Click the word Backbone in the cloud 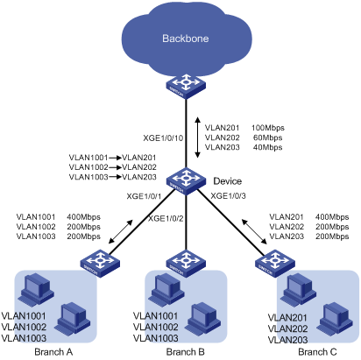pos(186,39)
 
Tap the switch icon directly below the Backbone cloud pos(186,87)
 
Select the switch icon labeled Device pos(186,181)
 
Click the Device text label pos(228,181)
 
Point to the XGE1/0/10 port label pos(163,138)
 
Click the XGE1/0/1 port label pos(144,196)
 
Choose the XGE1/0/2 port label pos(166,218)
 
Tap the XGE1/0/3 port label pos(229,195)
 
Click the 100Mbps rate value pos(268,128)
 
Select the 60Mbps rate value pos(268,138)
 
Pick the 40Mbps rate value pos(268,147)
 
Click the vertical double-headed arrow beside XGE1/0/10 pos(198,138)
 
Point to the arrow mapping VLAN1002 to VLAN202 pos(115,167)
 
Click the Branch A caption pos(53,352)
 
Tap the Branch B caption pos(186,352)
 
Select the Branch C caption pos(317,352)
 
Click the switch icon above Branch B pos(186,263)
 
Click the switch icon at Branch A pos(100,263)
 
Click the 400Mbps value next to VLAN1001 pos(83,217)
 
